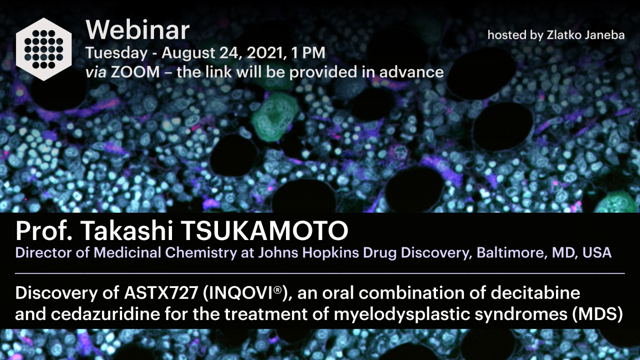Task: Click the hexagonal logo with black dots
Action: (x=44, y=49)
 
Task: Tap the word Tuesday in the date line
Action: (x=116, y=53)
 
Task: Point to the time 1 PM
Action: (x=308, y=53)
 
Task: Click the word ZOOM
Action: (x=135, y=72)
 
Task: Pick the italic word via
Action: (x=96, y=72)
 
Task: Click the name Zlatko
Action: (x=564, y=35)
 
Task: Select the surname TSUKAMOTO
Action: (x=264, y=231)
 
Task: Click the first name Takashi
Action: (x=127, y=231)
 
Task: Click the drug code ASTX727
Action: (x=161, y=293)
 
